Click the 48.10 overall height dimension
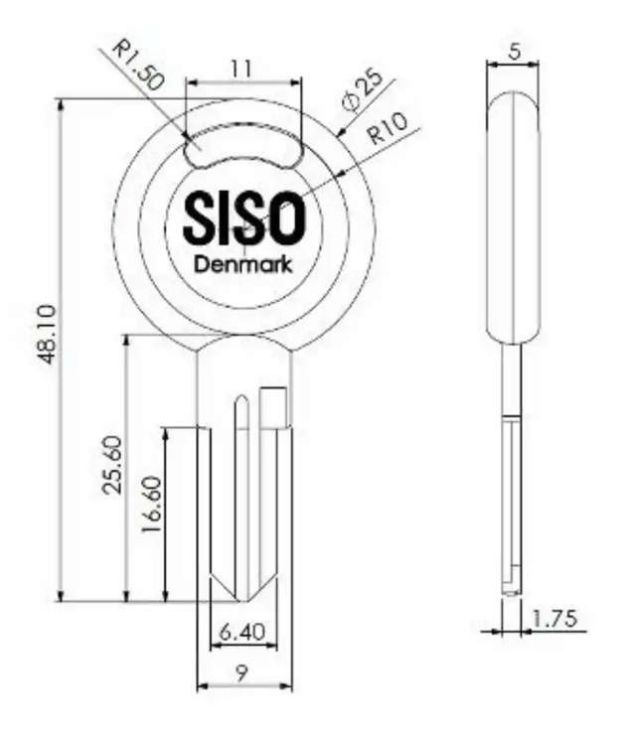click(x=46, y=334)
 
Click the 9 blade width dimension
click(x=243, y=671)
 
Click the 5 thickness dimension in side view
click(x=512, y=51)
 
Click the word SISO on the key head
click(x=243, y=218)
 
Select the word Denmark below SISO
click(x=243, y=264)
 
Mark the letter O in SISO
click(x=284, y=218)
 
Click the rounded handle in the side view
click(x=512, y=219)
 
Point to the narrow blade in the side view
click(x=511, y=477)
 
